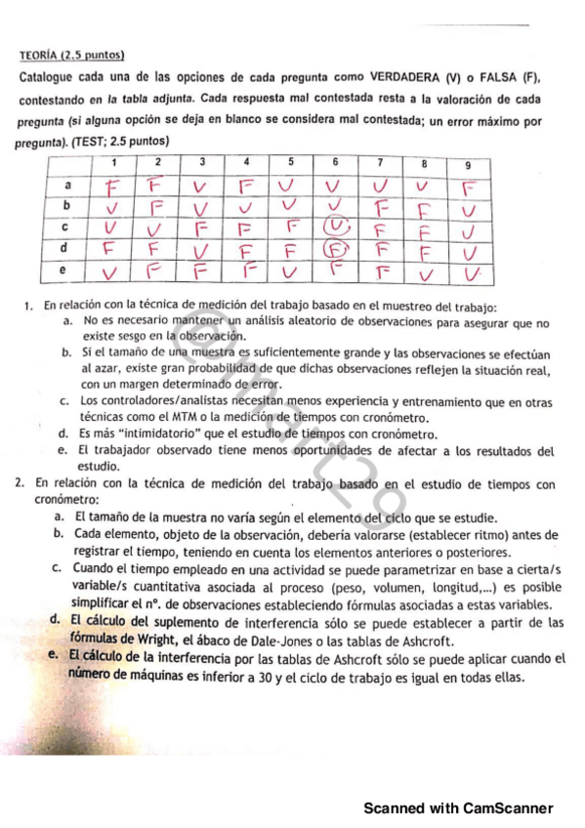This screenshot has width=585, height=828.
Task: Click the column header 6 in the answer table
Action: coord(334,161)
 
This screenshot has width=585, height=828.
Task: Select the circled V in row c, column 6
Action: coord(336,227)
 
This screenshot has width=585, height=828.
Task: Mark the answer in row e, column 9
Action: coord(470,269)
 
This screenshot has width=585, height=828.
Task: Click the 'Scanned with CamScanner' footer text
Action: coord(458,808)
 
